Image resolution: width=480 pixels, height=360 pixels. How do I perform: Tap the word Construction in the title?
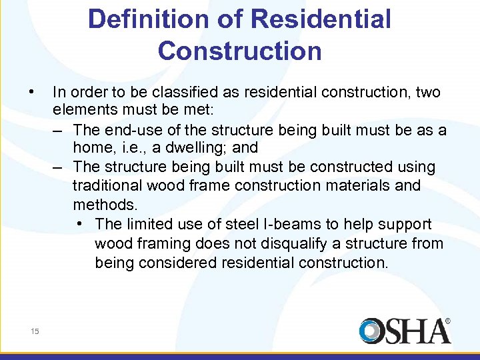[x=239, y=51]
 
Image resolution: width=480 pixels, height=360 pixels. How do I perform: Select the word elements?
[x=83, y=111]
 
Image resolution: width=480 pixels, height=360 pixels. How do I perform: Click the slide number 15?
[x=35, y=331]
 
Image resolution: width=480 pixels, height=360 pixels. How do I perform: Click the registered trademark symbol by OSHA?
[x=447, y=321]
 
